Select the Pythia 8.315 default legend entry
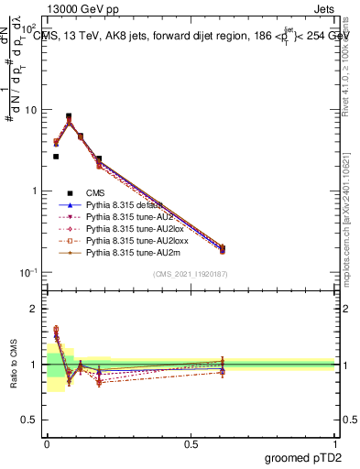pyautogui.click(x=124, y=206)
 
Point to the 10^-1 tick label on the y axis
pyautogui.click(x=27, y=272)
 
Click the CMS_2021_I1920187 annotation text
pyautogui.click(x=190, y=275)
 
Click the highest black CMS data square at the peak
pyautogui.click(x=69, y=116)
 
